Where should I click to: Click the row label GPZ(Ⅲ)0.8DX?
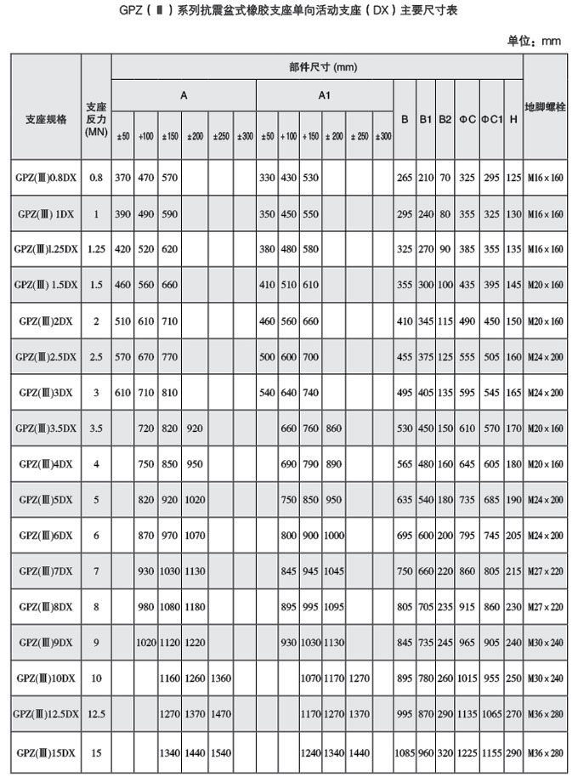[47, 178]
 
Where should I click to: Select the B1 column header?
[426, 119]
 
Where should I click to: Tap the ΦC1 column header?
[490, 119]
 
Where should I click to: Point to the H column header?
[513, 119]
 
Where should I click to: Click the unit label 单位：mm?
[535, 41]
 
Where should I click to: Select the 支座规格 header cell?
[47, 119]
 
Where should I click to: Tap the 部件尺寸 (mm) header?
[316, 66]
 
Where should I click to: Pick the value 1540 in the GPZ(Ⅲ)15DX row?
[221, 752]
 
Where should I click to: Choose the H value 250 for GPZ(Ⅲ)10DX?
[513, 680]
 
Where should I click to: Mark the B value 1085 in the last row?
[404, 752]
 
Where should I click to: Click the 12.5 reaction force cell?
[96, 716]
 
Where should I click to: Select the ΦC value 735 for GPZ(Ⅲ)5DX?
[467, 501]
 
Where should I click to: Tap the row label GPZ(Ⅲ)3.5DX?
[47, 428]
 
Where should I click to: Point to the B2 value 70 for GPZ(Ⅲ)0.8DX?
[445, 178]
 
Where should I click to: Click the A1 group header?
[324, 96]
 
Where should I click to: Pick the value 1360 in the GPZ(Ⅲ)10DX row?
[221, 680]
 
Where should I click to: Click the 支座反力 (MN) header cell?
[96, 119]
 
